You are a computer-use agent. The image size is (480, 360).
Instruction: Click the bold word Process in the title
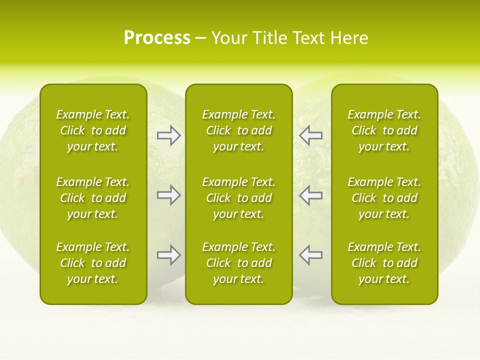click(x=157, y=38)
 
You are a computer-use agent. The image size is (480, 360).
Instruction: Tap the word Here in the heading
click(x=350, y=38)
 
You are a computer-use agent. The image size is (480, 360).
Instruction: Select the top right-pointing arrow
click(x=168, y=135)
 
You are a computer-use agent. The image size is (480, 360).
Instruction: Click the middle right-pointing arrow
click(x=168, y=195)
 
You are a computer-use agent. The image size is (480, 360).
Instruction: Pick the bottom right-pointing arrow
click(x=168, y=255)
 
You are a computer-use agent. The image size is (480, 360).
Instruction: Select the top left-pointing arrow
click(x=311, y=135)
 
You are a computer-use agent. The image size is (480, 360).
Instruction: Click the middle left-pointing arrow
click(x=311, y=195)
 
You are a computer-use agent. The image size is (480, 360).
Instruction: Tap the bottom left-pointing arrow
click(x=311, y=255)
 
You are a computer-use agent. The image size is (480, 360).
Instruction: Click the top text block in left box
click(x=93, y=130)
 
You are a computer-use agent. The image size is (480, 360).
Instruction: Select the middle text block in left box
click(x=93, y=198)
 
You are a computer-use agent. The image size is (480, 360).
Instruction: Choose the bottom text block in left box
click(x=93, y=263)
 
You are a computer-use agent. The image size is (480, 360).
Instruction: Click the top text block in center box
click(x=239, y=130)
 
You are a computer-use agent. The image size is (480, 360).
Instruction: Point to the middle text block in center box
click(x=239, y=198)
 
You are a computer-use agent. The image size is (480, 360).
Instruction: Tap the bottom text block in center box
click(x=239, y=263)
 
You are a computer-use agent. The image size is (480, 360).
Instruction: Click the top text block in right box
click(x=384, y=130)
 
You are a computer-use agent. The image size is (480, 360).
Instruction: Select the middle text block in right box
click(x=384, y=198)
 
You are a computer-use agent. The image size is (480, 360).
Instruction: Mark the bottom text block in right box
click(x=384, y=263)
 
